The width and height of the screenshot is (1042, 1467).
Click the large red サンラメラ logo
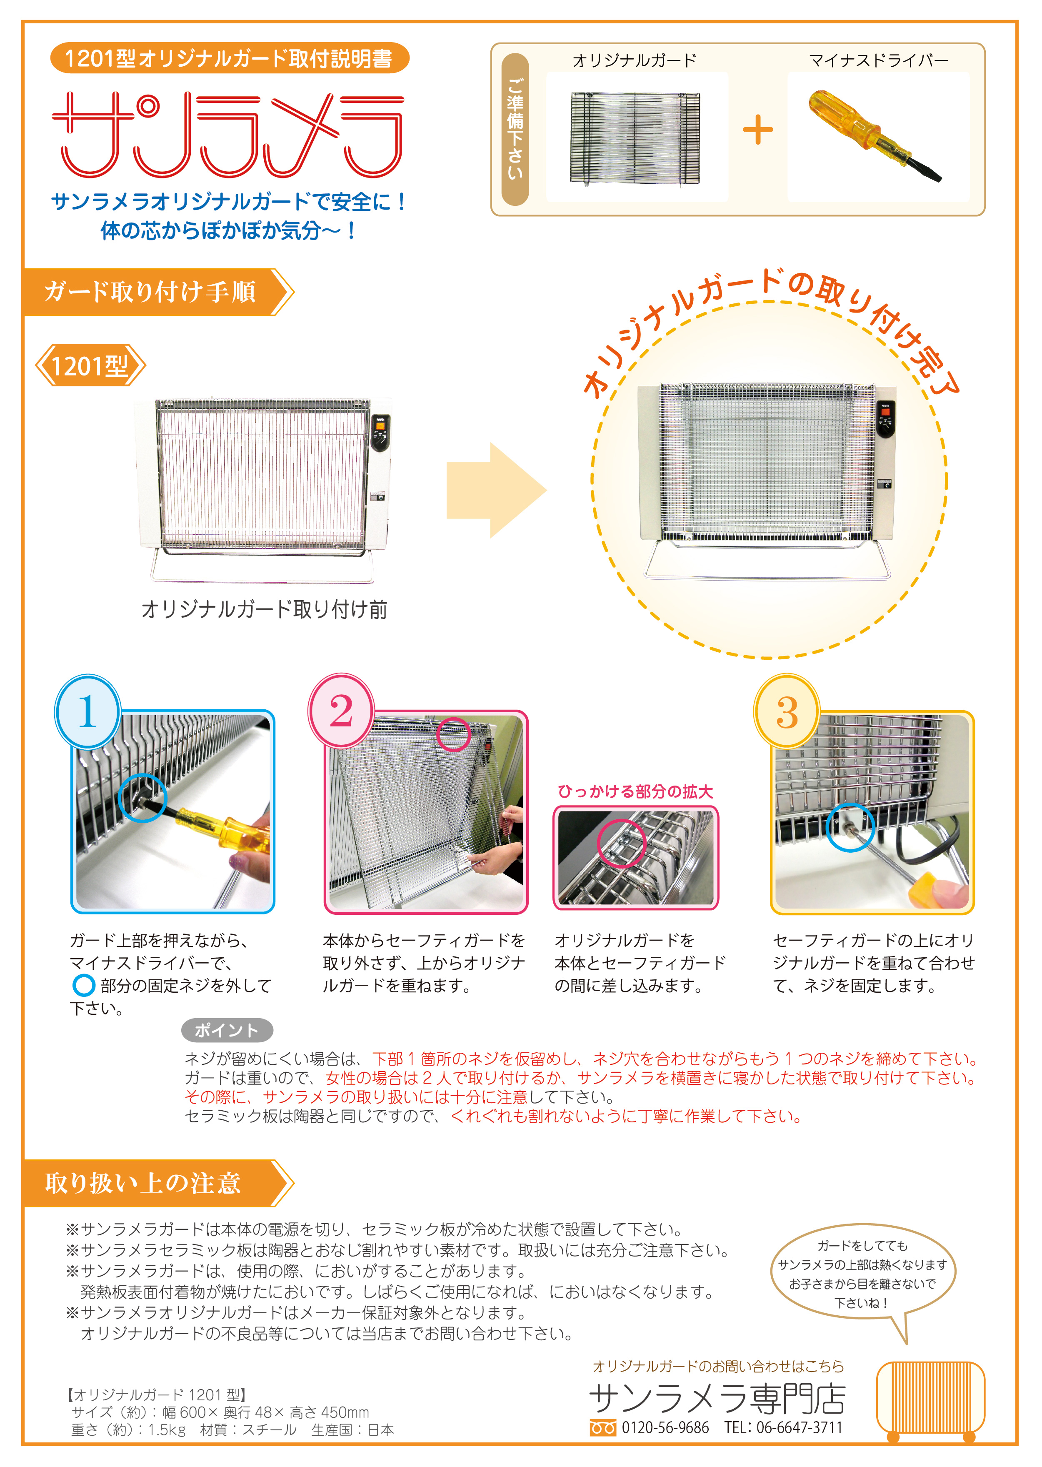click(x=228, y=135)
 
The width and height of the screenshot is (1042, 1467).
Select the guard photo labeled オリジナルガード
click(x=635, y=138)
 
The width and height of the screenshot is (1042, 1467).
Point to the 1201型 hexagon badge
click(x=90, y=366)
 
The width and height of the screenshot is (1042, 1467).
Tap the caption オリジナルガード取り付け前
click(x=264, y=609)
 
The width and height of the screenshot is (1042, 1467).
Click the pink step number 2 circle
click(x=341, y=711)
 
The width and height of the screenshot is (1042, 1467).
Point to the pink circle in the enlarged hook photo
click(x=620, y=843)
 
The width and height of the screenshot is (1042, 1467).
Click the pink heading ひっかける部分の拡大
click(x=635, y=791)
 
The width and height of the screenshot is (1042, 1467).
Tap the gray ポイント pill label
click(x=227, y=1030)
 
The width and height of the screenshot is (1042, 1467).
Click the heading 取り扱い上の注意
click(x=143, y=1183)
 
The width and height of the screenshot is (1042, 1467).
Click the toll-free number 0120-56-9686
click(x=664, y=1428)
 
